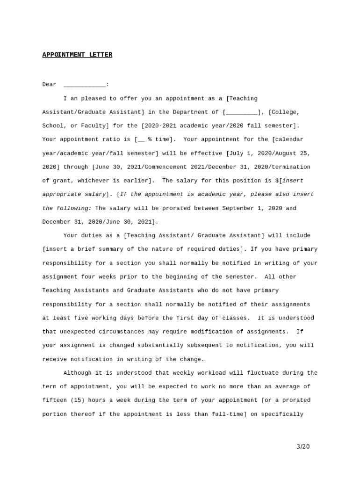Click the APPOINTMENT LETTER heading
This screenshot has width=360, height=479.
[77, 55]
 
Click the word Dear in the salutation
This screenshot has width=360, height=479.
[49, 85]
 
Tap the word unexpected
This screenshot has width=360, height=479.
[77, 332]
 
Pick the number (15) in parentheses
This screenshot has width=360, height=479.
[78, 400]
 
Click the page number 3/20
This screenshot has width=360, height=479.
[303, 447]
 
